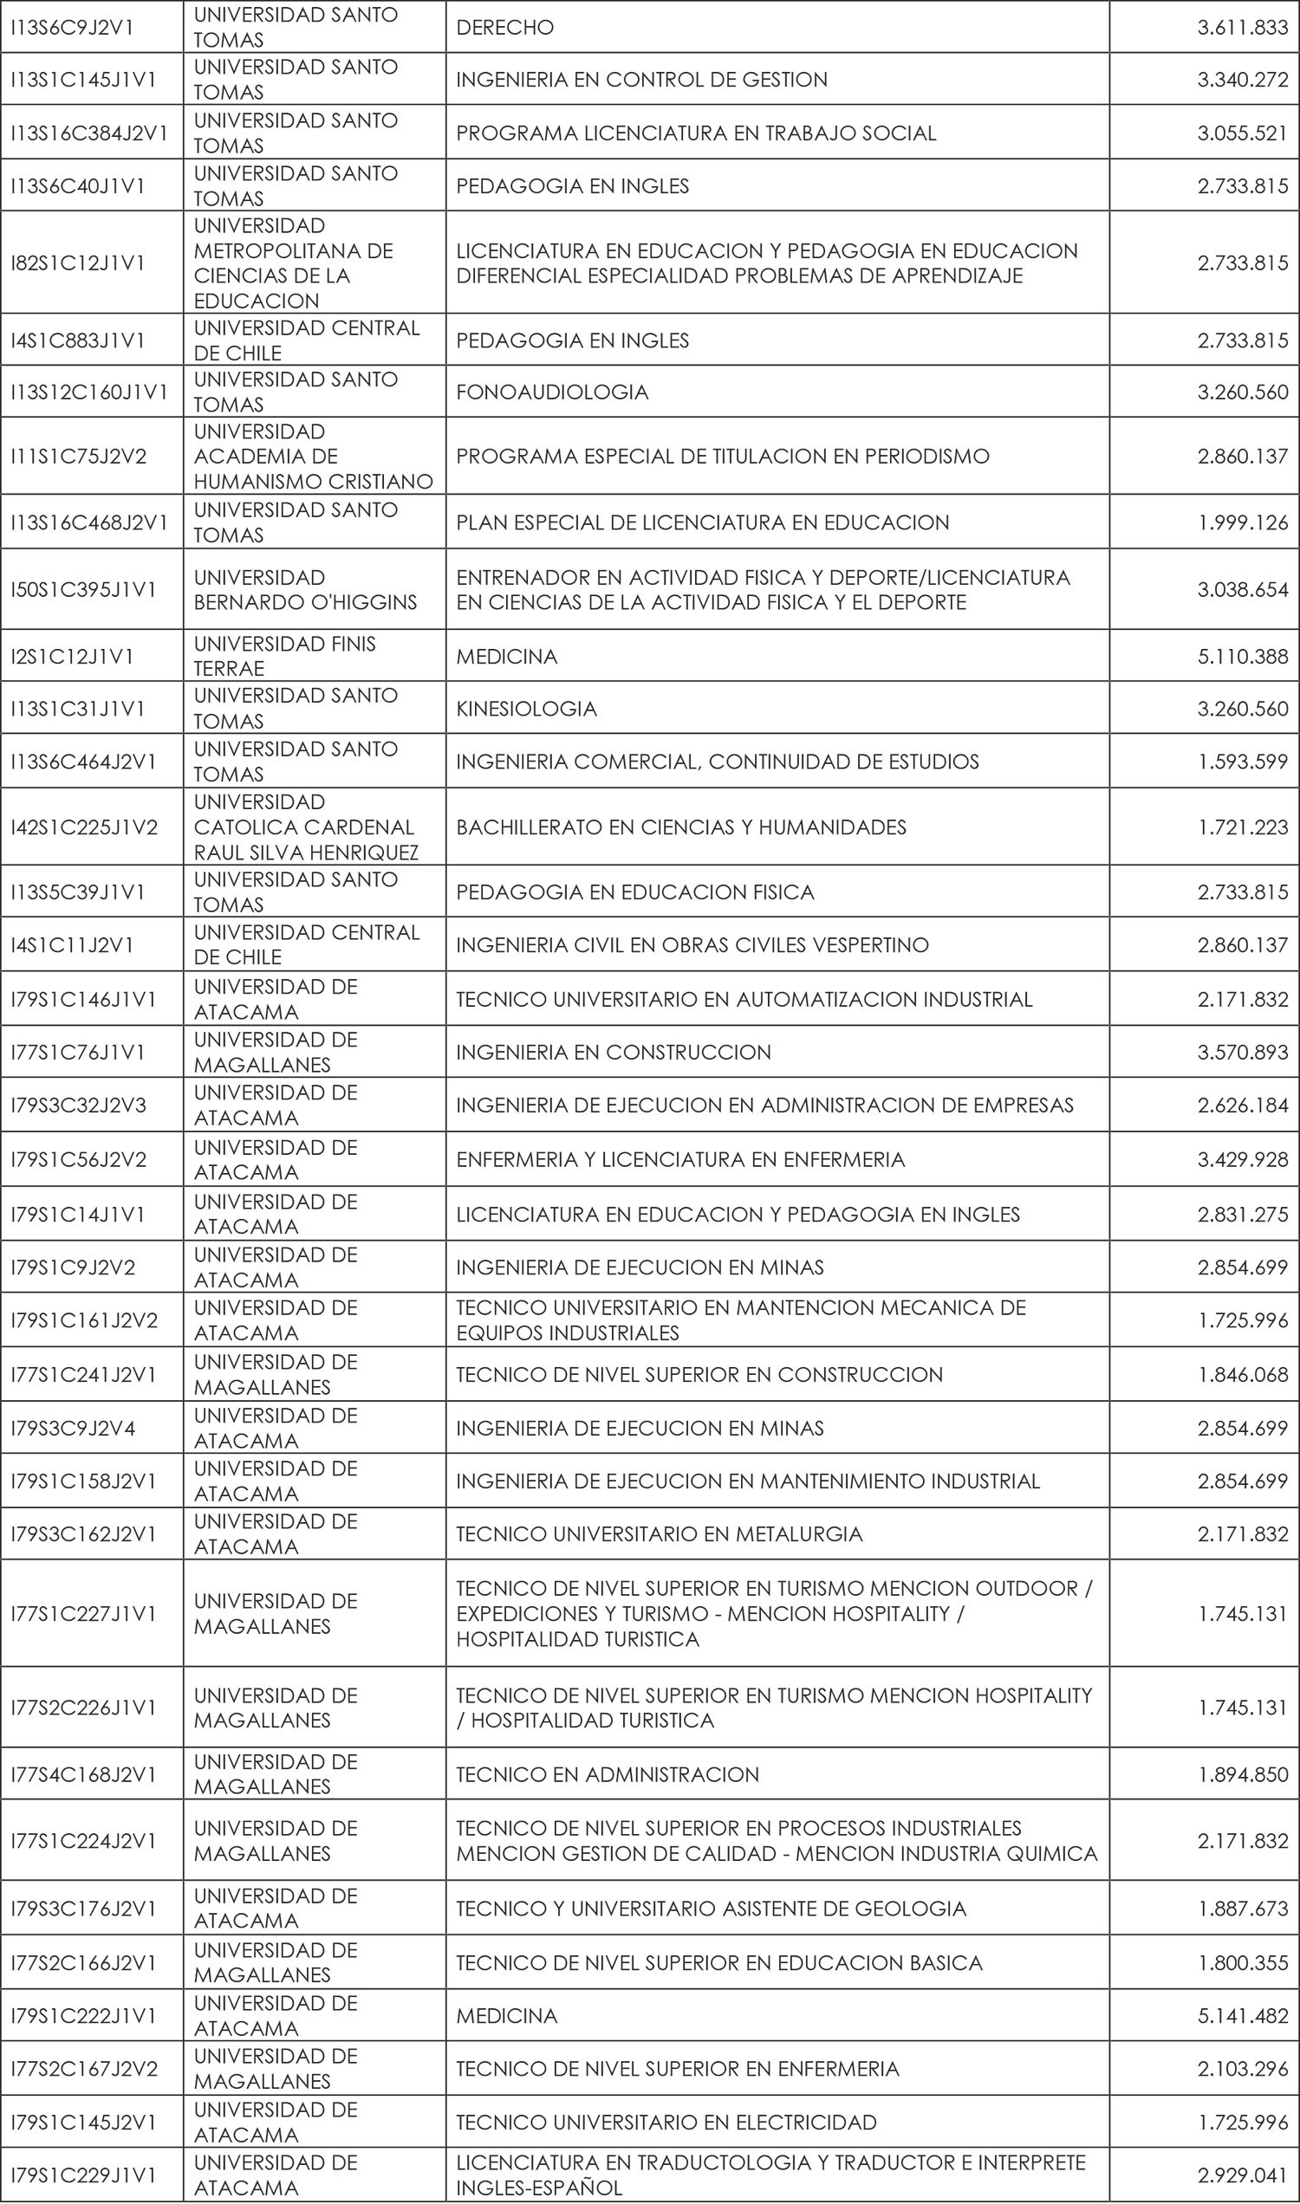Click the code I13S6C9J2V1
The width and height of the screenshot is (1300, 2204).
(x=72, y=27)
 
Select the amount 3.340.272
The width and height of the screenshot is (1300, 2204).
(x=1242, y=80)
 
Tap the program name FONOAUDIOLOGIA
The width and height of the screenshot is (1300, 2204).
(x=552, y=392)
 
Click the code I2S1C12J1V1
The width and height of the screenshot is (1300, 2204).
(x=72, y=657)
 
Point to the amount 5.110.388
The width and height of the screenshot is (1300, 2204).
(x=1242, y=657)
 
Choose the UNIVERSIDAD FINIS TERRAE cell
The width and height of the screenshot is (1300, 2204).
(x=285, y=656)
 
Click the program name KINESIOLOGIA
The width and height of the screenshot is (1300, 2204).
(x=526, y=709)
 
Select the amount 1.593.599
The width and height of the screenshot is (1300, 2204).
(x=1242, y=762)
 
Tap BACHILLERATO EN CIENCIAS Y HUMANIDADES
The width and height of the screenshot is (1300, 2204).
(x=680, y=827)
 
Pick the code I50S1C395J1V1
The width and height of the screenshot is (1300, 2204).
(x=83, y=589)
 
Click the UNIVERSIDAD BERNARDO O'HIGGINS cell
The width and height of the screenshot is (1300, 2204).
(x=305, y=589)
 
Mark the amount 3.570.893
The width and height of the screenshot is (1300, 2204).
(x=1242, y=1053)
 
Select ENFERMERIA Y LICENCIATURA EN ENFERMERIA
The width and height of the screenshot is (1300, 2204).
(x=679, y=1160)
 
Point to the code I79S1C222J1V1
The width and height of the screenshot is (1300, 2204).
(x=83, y=2016)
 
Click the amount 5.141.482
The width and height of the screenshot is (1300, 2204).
(x=1242, y=2016)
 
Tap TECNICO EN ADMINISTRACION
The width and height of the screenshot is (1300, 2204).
(x=607, y=1775)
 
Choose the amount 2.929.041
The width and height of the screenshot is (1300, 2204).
(x=1242, y=2176)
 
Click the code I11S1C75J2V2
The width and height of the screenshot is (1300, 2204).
(x=78, y=457)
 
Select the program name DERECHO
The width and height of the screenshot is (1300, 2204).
(x=504, y=27)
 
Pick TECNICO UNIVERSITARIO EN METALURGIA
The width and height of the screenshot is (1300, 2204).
(x=659, y=1534)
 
